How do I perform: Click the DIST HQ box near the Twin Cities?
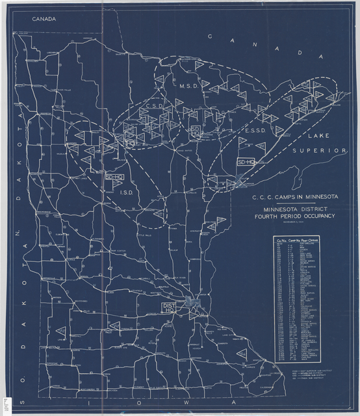coord(170,308)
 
